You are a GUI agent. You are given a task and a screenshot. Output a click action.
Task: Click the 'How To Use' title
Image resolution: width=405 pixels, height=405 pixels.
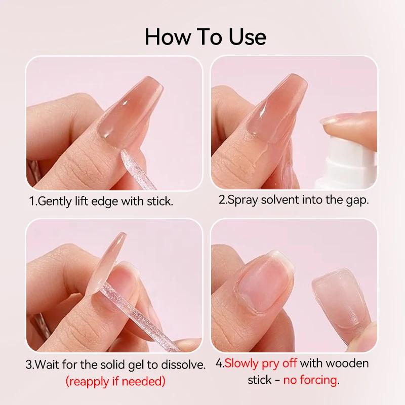[x=205, y=37]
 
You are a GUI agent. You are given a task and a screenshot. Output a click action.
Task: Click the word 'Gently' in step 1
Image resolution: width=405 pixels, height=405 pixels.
[x=55, y=201]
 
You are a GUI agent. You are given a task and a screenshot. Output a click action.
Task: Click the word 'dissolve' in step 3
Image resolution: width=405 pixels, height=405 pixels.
[x=184, y=364]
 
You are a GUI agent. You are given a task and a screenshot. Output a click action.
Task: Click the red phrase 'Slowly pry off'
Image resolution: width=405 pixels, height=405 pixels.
[x=261, y=363]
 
